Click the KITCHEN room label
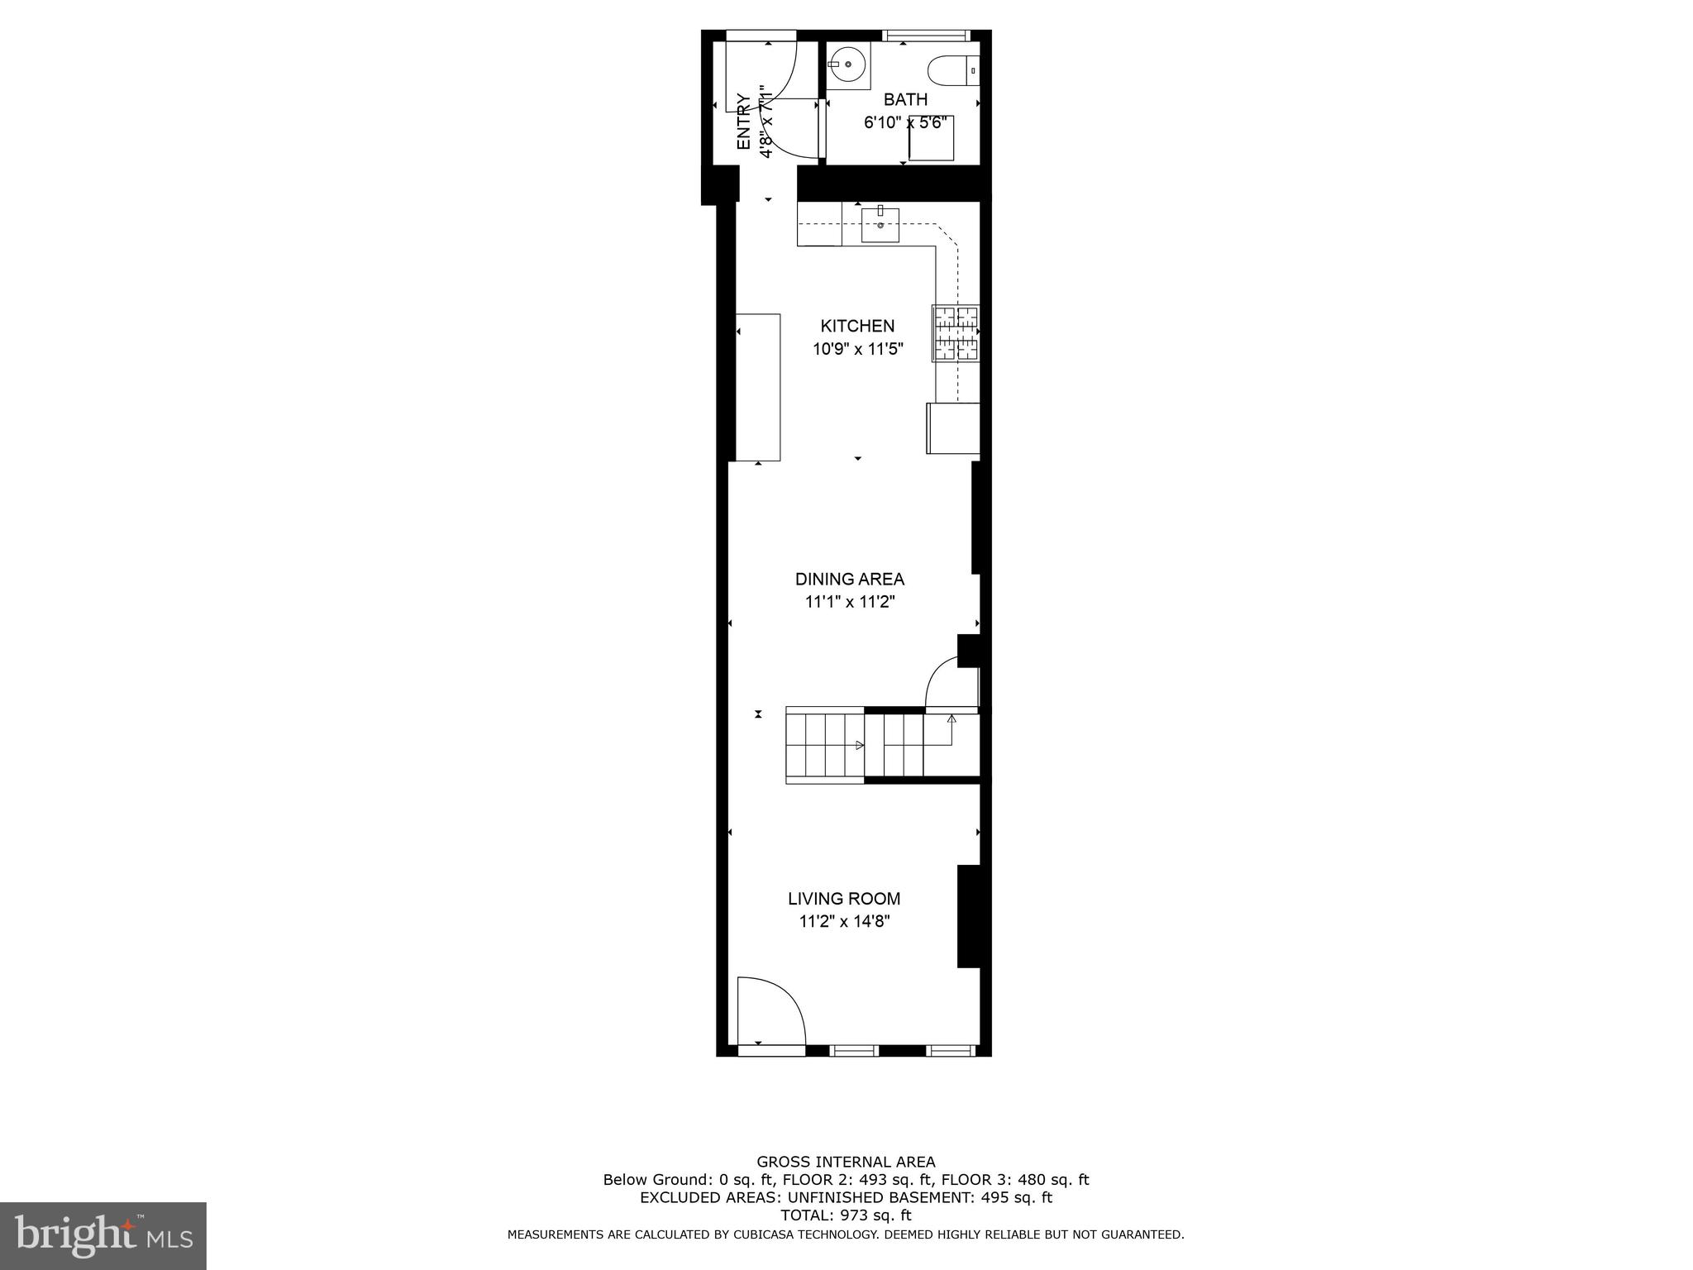[857, 326]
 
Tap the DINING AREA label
[850, 580]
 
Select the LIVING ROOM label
[844, 899]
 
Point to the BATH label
[905, 100]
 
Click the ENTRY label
[743, 122]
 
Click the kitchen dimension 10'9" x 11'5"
[857, 350]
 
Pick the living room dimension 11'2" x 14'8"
[844, 922]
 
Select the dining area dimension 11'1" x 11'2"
[850, 603]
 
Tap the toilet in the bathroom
[953, 70]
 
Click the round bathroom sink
[847, 64]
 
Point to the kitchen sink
[880, 225]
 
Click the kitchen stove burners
[956, 333]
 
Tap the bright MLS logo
[103, 1235]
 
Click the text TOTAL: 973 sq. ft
[846, 1215]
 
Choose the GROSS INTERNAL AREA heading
[846, 1162]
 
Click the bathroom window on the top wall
[924, 36]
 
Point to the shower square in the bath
[932, 139]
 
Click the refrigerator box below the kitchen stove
[953, 428]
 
